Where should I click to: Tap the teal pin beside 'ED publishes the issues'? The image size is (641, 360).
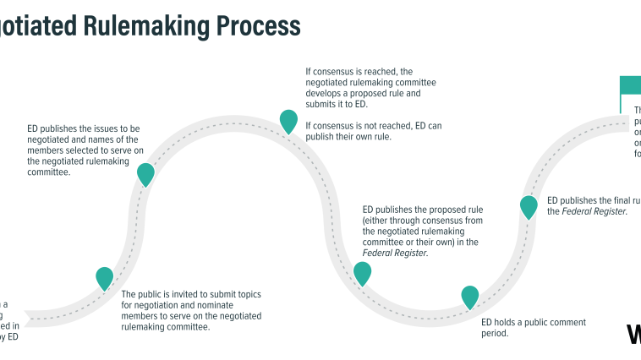(145, 173)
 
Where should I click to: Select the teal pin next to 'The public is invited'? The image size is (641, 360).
(104, 277)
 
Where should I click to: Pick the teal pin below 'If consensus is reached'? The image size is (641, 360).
(288, 121)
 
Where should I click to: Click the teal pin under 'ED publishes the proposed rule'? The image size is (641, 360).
(362, 272)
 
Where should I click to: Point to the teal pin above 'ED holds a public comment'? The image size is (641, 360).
(469, 296)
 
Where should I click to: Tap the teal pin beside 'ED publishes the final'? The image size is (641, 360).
(529, 206)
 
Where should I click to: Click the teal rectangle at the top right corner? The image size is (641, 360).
(630, 85)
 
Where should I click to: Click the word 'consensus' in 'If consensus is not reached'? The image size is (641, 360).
(336, 126)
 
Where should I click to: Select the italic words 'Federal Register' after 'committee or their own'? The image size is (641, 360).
(395, 253)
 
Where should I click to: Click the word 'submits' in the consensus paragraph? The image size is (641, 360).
(320, 105)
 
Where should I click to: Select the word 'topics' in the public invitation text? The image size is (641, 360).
(246, 294)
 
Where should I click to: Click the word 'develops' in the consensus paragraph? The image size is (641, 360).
(325, 94)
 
